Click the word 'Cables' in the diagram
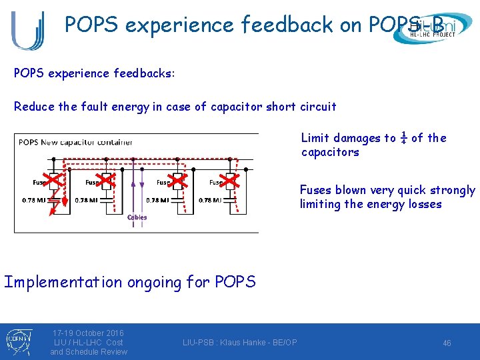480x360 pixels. pyautogui.click(x=137, y=217)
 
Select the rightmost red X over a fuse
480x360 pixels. pyautogui.click(x=230, y=180)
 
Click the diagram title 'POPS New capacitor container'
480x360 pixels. pyautogui.click(x=75, y=142)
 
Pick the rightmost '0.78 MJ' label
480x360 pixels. pyautogui.click(x=213, y=200)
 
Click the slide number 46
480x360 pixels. pyautogui.click(x=447, y=343)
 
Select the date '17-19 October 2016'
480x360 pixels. pyautogui.click(x=88, y=333)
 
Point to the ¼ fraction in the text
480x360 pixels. pyautogui.click(x=403, y=138)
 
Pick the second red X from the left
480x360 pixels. pyautogui.click(x=105, y=180)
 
